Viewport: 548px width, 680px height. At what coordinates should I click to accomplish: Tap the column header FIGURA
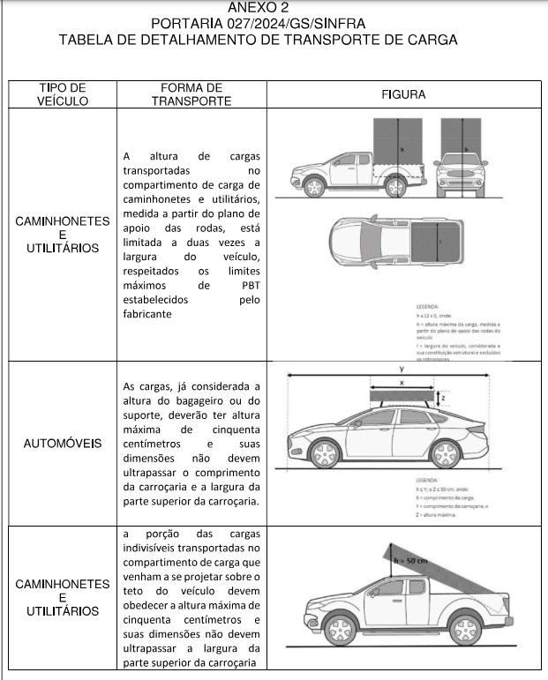404,94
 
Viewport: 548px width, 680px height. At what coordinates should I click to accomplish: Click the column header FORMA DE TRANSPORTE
191,94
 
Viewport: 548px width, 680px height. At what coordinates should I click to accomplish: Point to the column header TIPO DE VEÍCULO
63,94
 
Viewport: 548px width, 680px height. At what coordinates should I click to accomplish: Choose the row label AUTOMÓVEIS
63,443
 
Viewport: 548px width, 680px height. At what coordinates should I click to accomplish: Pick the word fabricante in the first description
148,314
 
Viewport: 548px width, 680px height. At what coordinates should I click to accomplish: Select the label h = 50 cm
410,561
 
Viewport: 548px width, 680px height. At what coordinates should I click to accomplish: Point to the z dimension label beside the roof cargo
443,398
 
